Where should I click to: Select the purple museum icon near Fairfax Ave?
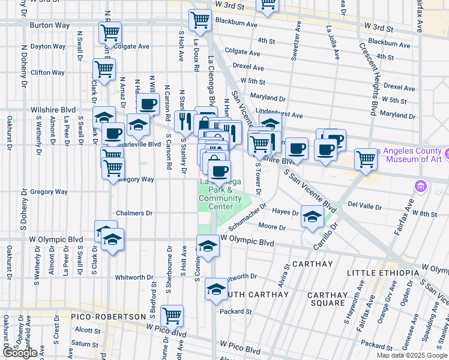click(x=420, y=187)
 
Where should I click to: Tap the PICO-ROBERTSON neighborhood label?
click(x=109, y=316)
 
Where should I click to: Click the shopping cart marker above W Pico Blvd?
click(x=172, y=316)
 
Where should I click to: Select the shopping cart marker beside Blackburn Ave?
click(x=200, y=20)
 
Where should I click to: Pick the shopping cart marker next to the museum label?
click(x=366, y=160)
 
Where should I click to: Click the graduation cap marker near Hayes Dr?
click(x=312, y=217)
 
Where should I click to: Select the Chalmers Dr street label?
click(x=130, y=213)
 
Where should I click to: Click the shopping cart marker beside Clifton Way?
click(x=104, y=69)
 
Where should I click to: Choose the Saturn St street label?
click(x=87, y=344)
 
